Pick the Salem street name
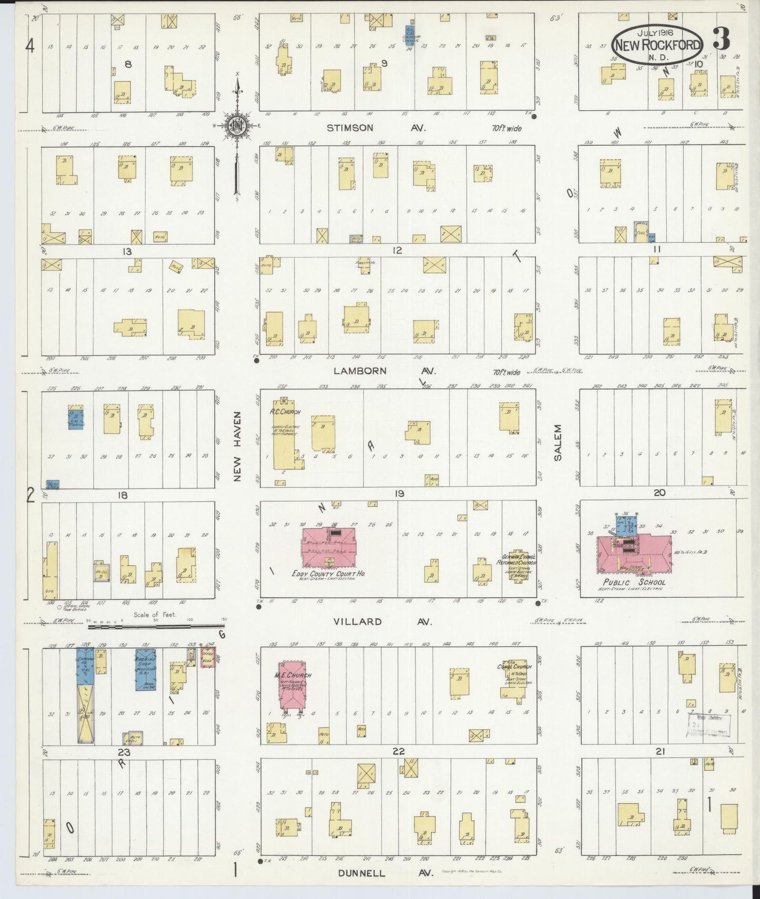point(558,443)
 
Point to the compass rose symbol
point(237,125)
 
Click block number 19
point(398,494)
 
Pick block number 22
point(398,751)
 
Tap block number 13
point(127,251)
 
